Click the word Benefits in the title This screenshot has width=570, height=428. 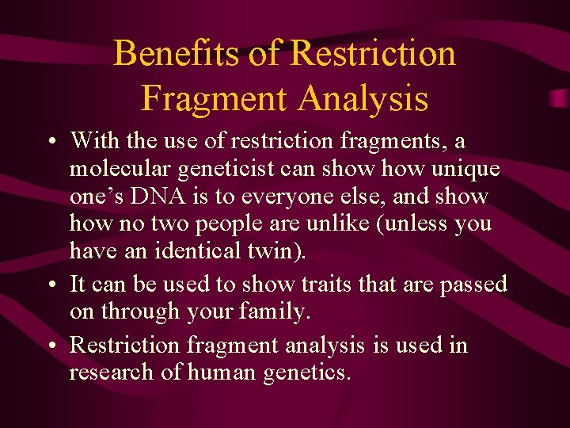[176, 54]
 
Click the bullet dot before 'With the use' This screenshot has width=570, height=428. [50, 142]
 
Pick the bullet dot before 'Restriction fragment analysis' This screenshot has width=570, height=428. [50, 346]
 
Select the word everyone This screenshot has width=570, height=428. [311, 196]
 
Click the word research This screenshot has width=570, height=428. [114, 372]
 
